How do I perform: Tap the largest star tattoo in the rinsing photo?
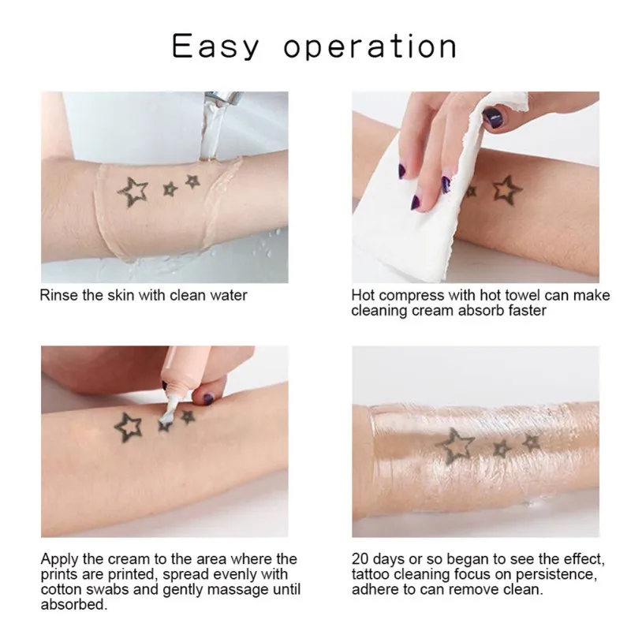132,190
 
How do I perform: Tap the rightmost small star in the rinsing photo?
192,181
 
